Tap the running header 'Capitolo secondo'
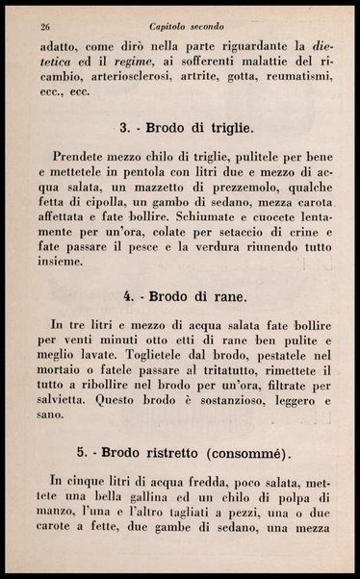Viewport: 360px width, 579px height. coord(182,26)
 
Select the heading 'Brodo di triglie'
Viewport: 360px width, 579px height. coord(199,128)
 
